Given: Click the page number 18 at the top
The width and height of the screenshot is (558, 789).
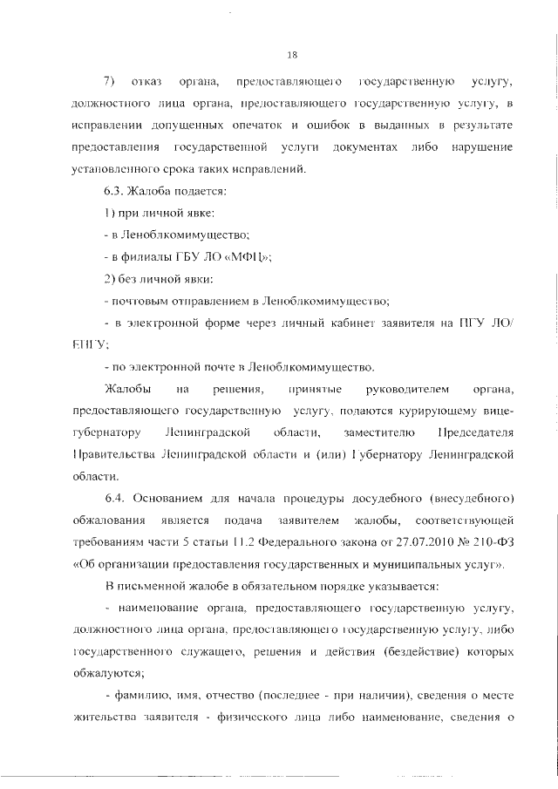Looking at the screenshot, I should (x=293, y=55).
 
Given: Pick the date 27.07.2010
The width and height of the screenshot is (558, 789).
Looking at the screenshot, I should (x=378, y=543).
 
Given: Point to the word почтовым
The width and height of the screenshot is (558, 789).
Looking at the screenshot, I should (x=139, y=301).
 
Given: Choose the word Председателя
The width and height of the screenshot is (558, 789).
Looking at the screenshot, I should (x=473, y=433).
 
